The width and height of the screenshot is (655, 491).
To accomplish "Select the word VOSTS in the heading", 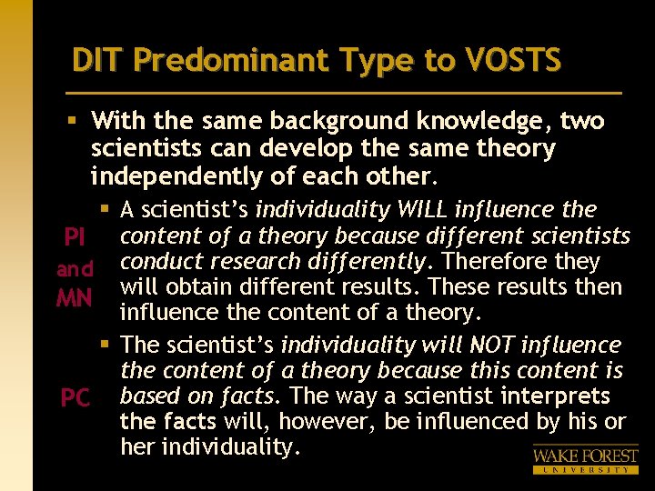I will point(516,60).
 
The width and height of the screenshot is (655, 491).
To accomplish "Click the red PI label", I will point(74,238).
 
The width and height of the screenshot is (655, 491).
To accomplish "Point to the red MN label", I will point(74,297).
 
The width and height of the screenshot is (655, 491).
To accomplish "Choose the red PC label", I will point(74,398).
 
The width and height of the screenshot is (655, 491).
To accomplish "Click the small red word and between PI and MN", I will point(74,269).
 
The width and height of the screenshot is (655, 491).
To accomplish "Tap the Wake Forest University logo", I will point(585,457).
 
